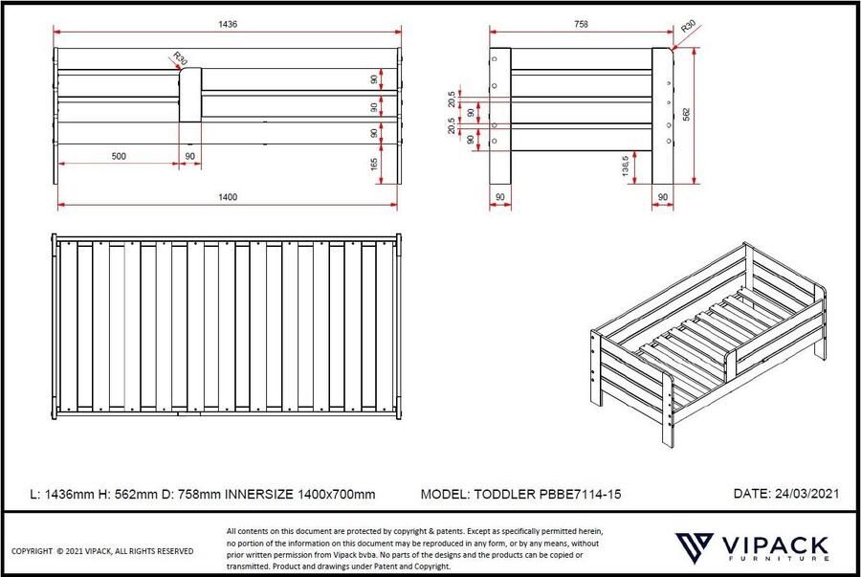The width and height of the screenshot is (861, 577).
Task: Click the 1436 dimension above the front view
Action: (x=227, y=23)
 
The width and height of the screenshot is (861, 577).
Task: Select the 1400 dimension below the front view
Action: (x=227, y=197)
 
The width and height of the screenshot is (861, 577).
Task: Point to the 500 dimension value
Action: (x=118, y=155)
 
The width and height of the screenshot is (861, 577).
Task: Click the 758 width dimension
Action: (x=580, y=23)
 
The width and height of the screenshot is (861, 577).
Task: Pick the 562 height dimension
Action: (x=685, y=113)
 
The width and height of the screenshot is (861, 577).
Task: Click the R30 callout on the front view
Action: (x=180, y=59)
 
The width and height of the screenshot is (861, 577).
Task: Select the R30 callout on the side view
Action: (x=687, y=29)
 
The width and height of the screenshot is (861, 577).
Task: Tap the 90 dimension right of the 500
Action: (x=189, y=155)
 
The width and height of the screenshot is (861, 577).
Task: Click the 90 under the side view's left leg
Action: (x=499, y=197)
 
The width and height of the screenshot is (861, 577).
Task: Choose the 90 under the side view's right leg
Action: (x=662, y=197)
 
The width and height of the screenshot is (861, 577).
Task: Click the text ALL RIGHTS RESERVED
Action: (x=155, y=551)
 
